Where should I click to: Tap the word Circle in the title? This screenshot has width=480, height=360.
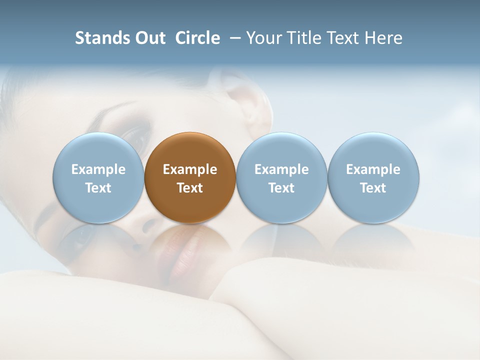tap(197, 38)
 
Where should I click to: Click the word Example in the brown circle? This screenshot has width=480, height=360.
tap(190, 169)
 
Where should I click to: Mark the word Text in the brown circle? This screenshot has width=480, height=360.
tap(190, 188)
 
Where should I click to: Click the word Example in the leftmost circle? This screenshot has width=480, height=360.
tap(98, 169)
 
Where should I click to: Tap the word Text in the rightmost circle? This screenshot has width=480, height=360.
tap(373, 188)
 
